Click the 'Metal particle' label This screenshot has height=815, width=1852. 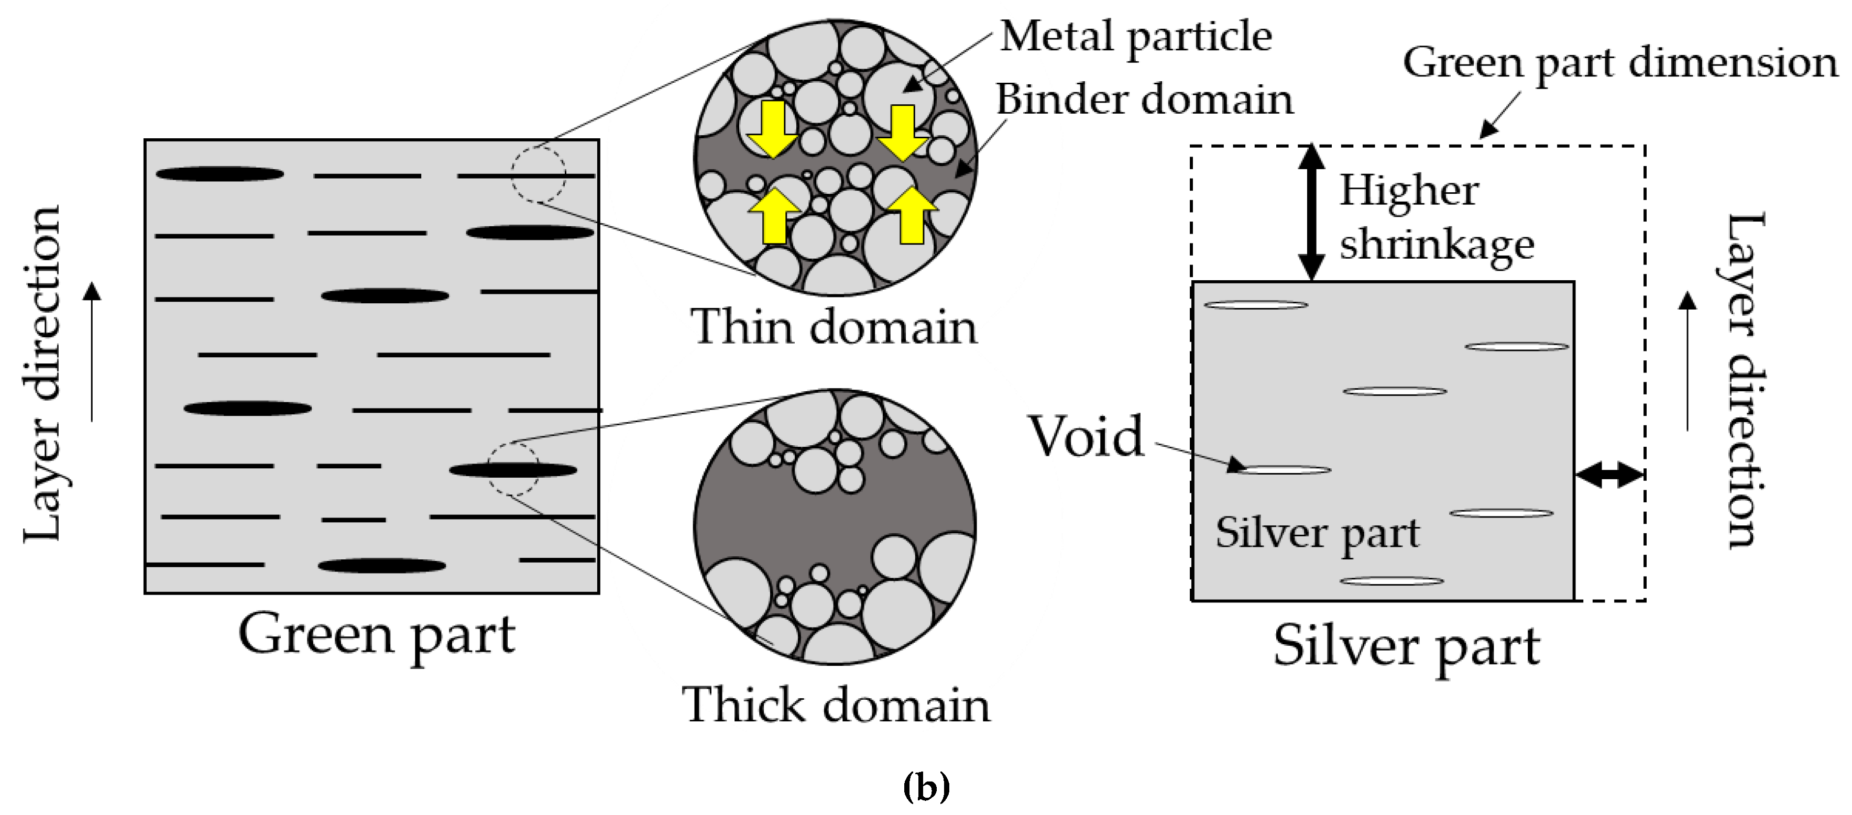tap(1136, 37)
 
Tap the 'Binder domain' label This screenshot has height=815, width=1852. tap(1144, 99)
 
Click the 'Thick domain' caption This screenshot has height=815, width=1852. tap(836, 705)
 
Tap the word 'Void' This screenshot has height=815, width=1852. tap(1086, 436)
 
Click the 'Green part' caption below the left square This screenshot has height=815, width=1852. tap(377, 635)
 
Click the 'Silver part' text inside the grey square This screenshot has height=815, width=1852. tap(1317, 533)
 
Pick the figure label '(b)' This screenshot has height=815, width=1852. tap(926, 786)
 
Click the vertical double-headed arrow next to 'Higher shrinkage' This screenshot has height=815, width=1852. tap(1311, 213)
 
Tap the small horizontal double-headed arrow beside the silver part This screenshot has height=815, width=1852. tap(1609, 475)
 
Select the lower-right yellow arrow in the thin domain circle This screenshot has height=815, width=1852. tap(912, 215)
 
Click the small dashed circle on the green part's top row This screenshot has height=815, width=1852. tap(539, 174)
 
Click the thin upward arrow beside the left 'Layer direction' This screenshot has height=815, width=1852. tap(92, 351)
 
